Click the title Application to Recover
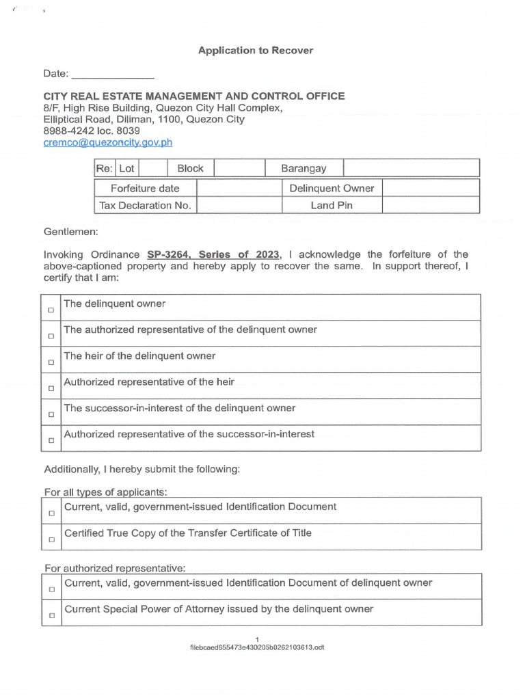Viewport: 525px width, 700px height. [x=256, y=51]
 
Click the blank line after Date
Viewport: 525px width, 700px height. [x=113, y=74]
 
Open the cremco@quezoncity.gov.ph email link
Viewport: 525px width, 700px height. [x=108, y=142]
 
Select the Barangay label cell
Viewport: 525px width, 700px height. [x=304, y=168]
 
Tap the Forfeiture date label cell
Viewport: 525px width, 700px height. [x=145, y=188]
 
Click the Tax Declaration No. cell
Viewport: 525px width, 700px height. [x=145, y=205]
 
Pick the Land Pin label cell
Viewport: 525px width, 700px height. [x=332, y=205]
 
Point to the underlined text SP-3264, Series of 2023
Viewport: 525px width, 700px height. [x=213, y=254]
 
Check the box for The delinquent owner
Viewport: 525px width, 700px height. [x=51, y=310]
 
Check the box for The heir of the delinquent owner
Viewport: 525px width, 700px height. [x=51, y=362]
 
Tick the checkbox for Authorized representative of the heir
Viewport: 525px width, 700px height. [x=51, y=388]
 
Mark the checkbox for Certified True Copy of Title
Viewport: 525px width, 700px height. [x=51, y=539]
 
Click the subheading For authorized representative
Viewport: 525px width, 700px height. [x=114, y=568]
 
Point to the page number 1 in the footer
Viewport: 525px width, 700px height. [x=256, y=638]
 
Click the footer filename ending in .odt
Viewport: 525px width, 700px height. [x=256, y=647]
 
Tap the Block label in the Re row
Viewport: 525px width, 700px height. [x=190, y=168]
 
